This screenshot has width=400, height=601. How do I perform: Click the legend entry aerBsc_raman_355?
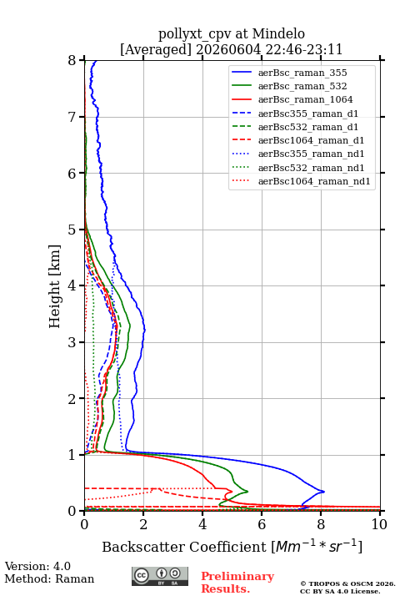[x=302, y=73]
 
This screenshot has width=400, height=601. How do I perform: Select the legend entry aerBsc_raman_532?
[x=302, y=86]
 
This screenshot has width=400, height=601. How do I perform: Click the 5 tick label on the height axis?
[x=72, y=230]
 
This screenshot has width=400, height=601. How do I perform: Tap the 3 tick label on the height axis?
[x=72, y=342]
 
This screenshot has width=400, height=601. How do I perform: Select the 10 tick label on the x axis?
[x=379, y=524]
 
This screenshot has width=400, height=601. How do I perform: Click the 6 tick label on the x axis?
[x=262, y=524]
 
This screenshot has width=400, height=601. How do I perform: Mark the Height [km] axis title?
[x=55, y=286]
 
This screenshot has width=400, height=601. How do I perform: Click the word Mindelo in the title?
[x=278, y=33]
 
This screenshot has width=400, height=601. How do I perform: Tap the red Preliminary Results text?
[x=237, y=583]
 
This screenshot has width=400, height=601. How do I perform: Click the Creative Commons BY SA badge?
[x=160, y=577]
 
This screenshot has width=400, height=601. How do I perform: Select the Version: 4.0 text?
[x=37, y=566]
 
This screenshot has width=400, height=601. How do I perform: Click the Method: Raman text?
[x=49, y=578]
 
